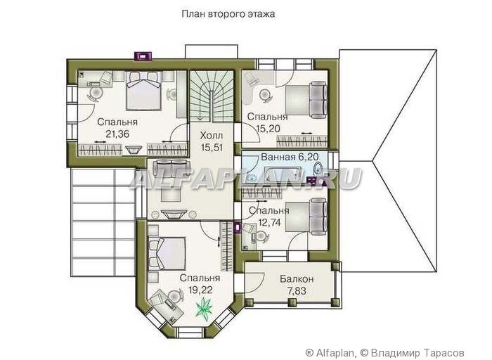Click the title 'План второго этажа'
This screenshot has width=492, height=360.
[x=228, y=14]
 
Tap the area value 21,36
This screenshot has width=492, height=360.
[x=117, y=134]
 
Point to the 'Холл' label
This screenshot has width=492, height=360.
[x=212, y=136]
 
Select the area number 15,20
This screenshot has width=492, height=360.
[x=268, y=129]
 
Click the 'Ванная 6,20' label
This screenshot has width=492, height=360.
[x=290, y=157]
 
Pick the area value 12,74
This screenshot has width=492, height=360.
[x=269, y=222]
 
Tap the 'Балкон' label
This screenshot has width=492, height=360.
[x=297, y=278]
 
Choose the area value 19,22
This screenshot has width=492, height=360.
[x=200, y=290]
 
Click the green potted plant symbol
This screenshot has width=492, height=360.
[x=204, y=307]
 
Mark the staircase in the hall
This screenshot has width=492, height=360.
[x=212, y=96]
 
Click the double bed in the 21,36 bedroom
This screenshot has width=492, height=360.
[x=143, y=91]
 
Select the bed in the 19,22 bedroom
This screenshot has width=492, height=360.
[x=167, y=254]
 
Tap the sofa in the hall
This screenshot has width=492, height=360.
[x=170, y=167]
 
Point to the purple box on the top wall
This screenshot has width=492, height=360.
[x=143, y=56]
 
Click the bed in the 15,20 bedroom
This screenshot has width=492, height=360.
[x=306, y=100]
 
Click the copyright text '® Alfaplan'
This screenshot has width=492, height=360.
[x=330, y=352]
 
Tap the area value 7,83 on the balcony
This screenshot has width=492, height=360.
[x=297, y=291]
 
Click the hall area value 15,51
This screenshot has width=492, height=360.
[x=212, y=148]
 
